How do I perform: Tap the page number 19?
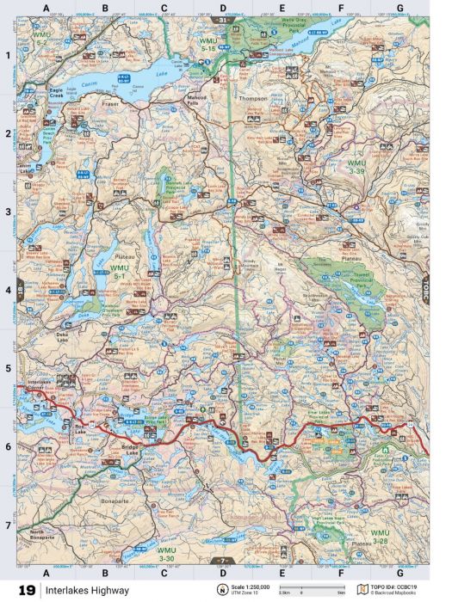pos(27,590)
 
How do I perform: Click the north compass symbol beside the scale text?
pos(224,590)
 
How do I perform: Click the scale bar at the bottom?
pos(318,591)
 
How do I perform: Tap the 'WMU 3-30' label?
pos(169,551)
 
